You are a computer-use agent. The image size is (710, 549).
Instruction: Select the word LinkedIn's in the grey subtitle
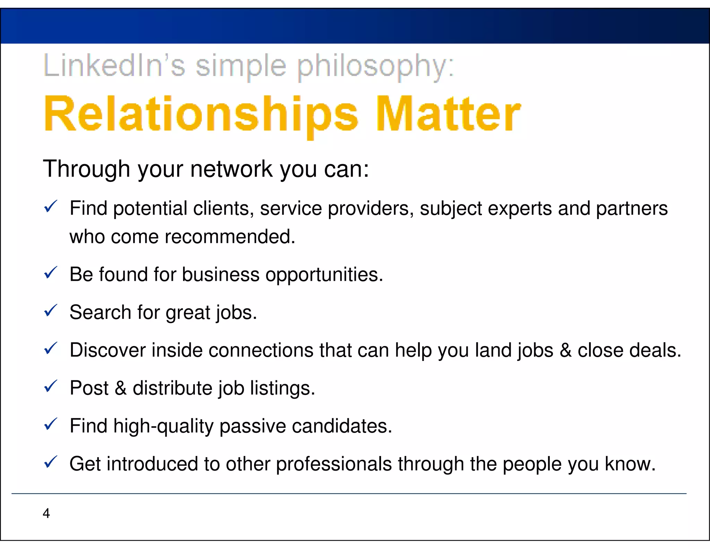114,66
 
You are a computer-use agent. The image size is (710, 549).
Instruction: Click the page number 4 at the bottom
46,513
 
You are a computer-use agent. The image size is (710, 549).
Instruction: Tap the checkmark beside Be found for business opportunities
51,273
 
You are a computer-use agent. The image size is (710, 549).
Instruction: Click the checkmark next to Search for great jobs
51,311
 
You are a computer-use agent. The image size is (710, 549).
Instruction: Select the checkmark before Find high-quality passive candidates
51,424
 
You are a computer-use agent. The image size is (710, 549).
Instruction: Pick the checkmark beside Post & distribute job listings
51,387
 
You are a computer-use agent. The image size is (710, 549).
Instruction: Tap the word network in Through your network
231,169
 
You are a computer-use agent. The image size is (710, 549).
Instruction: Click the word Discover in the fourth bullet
107,350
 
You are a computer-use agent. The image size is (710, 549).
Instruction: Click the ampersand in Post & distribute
120,388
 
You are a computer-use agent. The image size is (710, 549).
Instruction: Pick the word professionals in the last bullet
334,464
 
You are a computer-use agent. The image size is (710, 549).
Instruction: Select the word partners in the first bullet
631,209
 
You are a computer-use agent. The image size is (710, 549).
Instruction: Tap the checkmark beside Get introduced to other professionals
51,462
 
